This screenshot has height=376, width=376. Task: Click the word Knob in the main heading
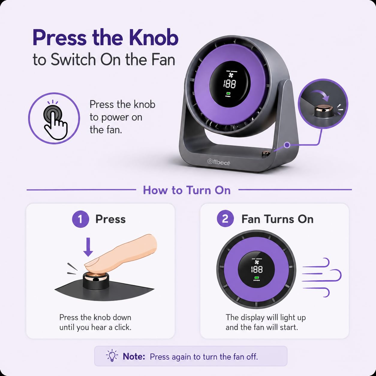click(153, 37)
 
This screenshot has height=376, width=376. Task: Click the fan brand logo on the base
click(219, 162)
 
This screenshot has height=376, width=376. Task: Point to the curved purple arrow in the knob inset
click(320, 95)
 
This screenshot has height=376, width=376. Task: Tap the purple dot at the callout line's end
click(287, 145)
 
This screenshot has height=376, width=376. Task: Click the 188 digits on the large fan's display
click(230, 84)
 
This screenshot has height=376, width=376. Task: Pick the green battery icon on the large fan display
click(228, 94)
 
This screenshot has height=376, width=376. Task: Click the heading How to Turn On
click(187, 190)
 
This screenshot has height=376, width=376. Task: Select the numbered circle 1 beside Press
click(80, 219)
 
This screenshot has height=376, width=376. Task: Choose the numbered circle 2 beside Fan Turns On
click(225, 219)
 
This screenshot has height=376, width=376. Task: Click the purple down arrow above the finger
click(88, 247)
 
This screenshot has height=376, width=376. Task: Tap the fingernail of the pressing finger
click(92, 262)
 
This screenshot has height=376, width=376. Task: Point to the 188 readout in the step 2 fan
click(257, 270)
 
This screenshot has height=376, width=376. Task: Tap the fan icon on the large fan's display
click(231, 75)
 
